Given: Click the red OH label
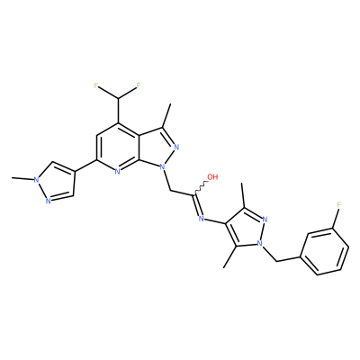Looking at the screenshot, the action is click(212, 176).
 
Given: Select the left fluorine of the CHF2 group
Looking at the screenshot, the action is click(96, 85).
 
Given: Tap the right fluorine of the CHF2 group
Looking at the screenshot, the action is click(139, 85).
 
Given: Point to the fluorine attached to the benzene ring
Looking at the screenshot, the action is click(339, 205).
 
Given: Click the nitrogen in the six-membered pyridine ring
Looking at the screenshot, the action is click(117, 171).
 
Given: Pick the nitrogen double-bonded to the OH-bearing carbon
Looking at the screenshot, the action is click(202, 219).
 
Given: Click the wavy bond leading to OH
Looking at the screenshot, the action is click(201, 187).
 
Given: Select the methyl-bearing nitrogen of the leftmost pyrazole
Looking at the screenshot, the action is click(36, 180).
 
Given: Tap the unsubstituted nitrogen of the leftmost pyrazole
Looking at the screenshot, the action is click(48, 201).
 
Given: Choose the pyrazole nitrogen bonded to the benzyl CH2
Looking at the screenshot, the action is click(261, 242).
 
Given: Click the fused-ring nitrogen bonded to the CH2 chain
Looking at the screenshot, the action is click(162, 166).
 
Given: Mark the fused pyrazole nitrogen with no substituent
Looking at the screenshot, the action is click(176, 147).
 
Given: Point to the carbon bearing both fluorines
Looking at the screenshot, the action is click(118, 99).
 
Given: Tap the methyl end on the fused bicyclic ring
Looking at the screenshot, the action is click(170, 104).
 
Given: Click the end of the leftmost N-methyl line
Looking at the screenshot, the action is click(12, 178).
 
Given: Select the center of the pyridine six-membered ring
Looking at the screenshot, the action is click(118, 148).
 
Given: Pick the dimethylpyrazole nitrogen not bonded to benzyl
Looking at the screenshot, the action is click(265, 219).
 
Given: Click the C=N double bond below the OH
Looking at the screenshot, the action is click(198, 205).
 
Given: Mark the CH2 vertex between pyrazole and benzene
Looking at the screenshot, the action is click(276, 261).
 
